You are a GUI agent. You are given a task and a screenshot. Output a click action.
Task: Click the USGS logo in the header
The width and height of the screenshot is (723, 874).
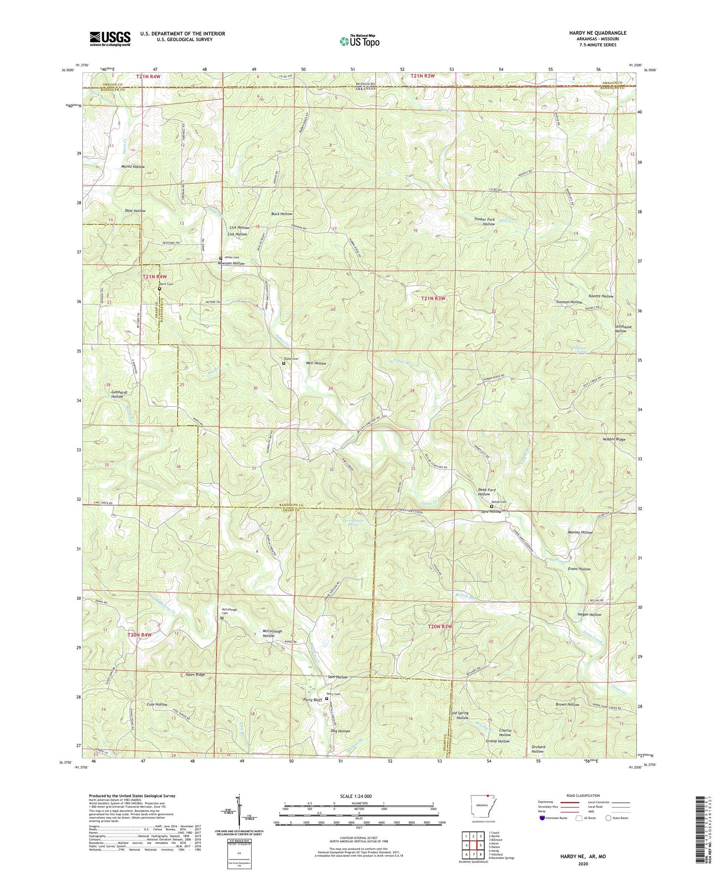point(110,38)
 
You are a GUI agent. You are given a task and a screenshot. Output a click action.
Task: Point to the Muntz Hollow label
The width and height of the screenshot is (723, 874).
point(133,166)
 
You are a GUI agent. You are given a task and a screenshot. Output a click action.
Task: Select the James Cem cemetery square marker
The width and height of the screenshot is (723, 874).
point(221,258)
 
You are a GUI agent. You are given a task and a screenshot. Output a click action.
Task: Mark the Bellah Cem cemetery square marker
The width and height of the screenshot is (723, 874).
point(492,506)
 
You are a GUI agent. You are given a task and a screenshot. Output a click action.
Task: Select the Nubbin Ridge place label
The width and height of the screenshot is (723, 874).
point(614,440)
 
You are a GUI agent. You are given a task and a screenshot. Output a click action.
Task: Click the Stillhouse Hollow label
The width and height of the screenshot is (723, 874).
point(623,329)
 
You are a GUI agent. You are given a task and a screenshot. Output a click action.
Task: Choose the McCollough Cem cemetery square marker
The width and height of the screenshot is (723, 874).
point(222,618)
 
